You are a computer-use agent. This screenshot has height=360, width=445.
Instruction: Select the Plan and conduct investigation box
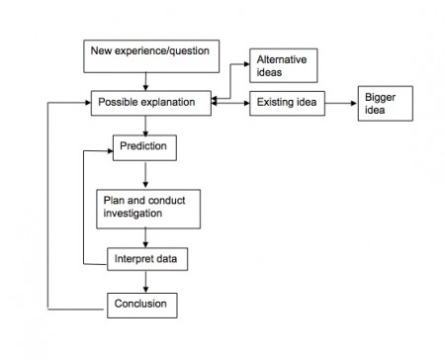click(x=146, y=207)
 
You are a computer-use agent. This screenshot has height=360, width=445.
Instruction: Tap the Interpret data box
click(x=146, y=259)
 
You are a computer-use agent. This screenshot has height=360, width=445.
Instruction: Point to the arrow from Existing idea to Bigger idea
click(x=339, y=102)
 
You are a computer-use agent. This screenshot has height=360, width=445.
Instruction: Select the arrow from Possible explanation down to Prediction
click(x=146, y=125)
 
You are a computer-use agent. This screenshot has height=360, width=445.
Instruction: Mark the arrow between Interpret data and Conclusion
click(x=146, y=281)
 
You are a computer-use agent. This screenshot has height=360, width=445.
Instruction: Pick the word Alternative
click(x=280, y=59)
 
